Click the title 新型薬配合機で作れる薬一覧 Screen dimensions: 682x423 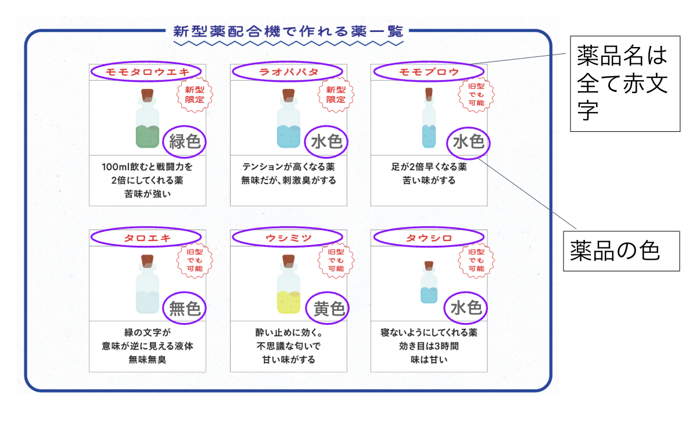[288, 31]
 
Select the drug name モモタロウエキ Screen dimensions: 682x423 [148, 72]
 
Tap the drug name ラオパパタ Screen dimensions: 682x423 [288, 72]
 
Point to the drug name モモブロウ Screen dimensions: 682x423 [429, 72]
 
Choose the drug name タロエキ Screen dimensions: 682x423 [148, 238]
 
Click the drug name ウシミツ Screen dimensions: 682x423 [288, 238]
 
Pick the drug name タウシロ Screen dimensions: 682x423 [429, 238]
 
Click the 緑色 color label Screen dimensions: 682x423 [185, 141]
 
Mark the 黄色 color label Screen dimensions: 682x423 [329, 309]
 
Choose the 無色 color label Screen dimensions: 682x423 [185, 309]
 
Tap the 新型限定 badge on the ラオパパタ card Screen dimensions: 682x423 [336, 95]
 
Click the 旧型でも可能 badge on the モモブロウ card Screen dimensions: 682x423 [476, 95]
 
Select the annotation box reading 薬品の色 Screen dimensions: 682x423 [622, 251]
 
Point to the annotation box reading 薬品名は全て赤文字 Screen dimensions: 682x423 [625, 84]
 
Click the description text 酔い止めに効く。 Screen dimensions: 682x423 [288, 332]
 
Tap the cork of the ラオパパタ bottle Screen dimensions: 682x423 [288, 95]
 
